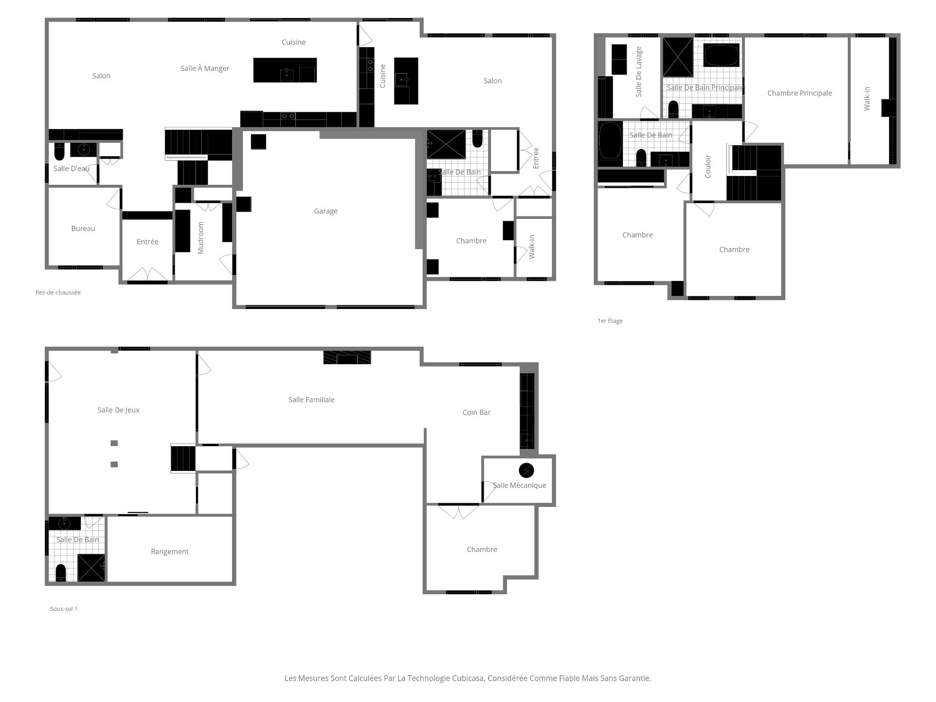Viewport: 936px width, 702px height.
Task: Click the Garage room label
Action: pos(326,211)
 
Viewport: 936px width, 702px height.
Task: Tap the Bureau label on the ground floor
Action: pos(83,229)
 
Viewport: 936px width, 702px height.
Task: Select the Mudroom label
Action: pos(200,238)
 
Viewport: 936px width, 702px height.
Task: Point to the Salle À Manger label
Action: pos(205,69)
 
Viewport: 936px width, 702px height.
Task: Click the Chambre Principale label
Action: pos(799,93)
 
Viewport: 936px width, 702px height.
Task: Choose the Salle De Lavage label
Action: pos(639,72)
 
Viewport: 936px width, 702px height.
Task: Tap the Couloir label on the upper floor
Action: pos(708,166)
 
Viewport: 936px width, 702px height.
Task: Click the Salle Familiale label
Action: pos(311,400)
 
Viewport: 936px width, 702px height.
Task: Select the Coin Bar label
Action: pos(476,412)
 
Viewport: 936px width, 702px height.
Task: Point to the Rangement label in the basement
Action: pos(170,552)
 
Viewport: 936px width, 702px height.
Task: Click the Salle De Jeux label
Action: pos(118,410)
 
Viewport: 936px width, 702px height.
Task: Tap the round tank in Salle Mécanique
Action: pos(526,470)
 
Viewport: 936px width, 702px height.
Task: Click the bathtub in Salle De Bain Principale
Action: pos(721,55)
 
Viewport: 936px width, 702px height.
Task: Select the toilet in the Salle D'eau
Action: pos(59,152)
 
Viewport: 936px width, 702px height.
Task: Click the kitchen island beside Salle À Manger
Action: pos(285,70)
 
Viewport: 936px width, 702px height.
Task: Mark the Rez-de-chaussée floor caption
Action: pos(58,292)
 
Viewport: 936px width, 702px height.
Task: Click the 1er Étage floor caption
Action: pos(610,321)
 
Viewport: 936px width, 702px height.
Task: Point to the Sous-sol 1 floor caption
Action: pos(64,609)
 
